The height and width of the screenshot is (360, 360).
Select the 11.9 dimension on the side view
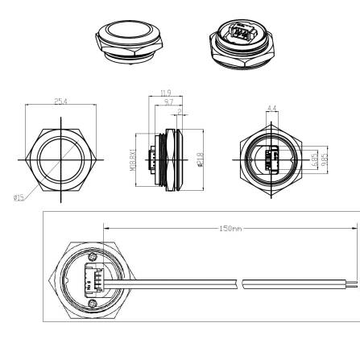[x=166, y=93]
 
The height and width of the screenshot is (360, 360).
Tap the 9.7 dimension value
[x=167, y=103]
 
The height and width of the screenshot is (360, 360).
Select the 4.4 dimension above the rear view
[x=271, y=108]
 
